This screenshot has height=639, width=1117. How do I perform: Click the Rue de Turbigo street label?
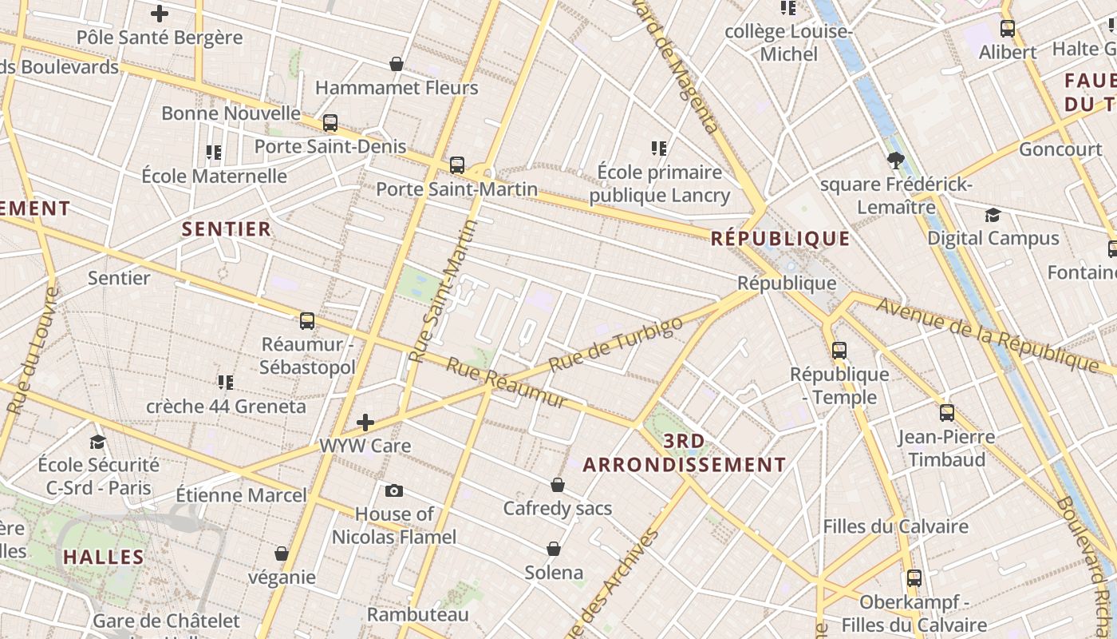(x=617, y=344)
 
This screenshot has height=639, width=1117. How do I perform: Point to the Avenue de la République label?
(x=988, y=333)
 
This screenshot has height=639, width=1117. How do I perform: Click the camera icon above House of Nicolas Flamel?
(x=393, y=490)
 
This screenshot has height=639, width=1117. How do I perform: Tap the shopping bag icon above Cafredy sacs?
(x=558, y=485)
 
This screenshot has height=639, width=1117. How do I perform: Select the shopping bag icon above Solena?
(x=554, y=549)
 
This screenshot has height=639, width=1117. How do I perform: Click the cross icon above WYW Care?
(x=365, y=422)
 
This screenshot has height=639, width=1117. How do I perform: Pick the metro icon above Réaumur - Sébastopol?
(x=307, y=321)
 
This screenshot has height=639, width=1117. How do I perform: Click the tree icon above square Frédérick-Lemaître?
(x=895, y=161)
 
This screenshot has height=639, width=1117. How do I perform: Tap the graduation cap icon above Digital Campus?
(x=993, y=215)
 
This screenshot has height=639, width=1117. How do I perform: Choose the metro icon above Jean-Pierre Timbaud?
(x=947, y=413)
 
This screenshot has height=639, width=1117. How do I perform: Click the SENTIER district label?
(x=227, y=229)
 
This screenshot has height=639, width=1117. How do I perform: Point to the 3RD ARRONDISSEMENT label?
(x=685, y=453)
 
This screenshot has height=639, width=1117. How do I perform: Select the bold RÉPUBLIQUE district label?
(x=780, y=238)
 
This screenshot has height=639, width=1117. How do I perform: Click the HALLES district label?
(x=104, y=557)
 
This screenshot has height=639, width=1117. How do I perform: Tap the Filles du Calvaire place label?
(x=895, y=526)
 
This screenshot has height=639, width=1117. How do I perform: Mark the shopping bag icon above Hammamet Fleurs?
(x=397, y=64)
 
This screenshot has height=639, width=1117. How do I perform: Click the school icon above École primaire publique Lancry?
(x=659, y=148)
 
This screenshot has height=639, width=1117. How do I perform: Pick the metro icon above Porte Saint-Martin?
(x=457, y=165)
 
